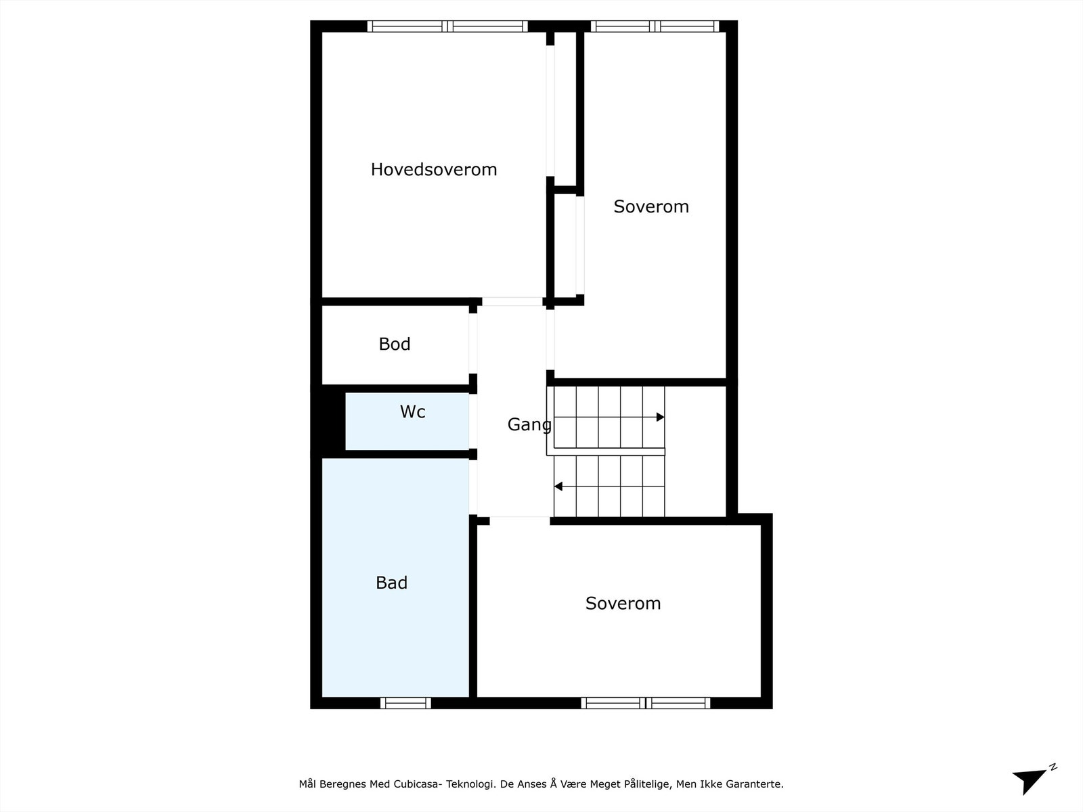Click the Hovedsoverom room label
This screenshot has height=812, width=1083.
coord(433,169)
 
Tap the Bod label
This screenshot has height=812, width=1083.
coord(394,344)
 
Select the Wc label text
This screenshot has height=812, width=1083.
coord(412,411)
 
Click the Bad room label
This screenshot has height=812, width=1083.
coord(391,583)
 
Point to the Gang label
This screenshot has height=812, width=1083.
coord(529,424)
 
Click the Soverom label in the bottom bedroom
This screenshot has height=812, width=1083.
coord(623,603)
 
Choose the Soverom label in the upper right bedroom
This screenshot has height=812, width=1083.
coord(650,206)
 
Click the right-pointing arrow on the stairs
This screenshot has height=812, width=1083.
coord(660,417)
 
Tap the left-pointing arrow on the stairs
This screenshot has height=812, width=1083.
coord(558,486)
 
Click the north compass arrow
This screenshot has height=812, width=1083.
coord(1032,780)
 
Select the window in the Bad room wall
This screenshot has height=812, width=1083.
coord(405,703)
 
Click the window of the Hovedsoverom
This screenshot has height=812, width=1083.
coord(447,26)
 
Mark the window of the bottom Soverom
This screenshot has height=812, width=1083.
coord(645,703)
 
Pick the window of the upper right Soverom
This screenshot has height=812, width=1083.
coord(654,26)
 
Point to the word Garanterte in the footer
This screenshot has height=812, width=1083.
coord(754,784)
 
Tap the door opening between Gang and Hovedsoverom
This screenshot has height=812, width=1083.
coord(512,302)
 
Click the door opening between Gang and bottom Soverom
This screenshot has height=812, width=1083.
coord(519,520)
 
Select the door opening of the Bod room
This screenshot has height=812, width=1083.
coord(473,343)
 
